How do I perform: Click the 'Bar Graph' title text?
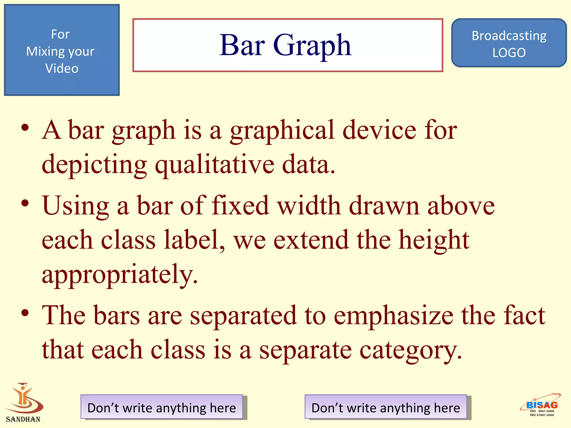click(x=285, y=45)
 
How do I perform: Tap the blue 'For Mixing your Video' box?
click(x=62, y=50)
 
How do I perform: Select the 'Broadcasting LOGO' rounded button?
click(x=509, y=43)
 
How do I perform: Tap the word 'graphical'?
click(x=282, y=130)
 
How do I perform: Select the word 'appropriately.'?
click(x=120, y=274)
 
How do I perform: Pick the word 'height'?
click(x=434, y=240)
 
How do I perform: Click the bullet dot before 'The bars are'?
click(x=25, y=313)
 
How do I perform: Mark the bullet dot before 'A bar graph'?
click(x=25, y=128)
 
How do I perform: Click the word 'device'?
click(x=379, y=130)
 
